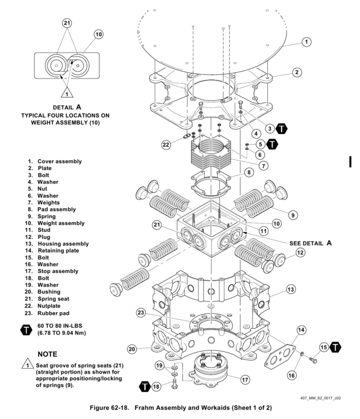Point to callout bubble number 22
[x=167, y=145]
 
